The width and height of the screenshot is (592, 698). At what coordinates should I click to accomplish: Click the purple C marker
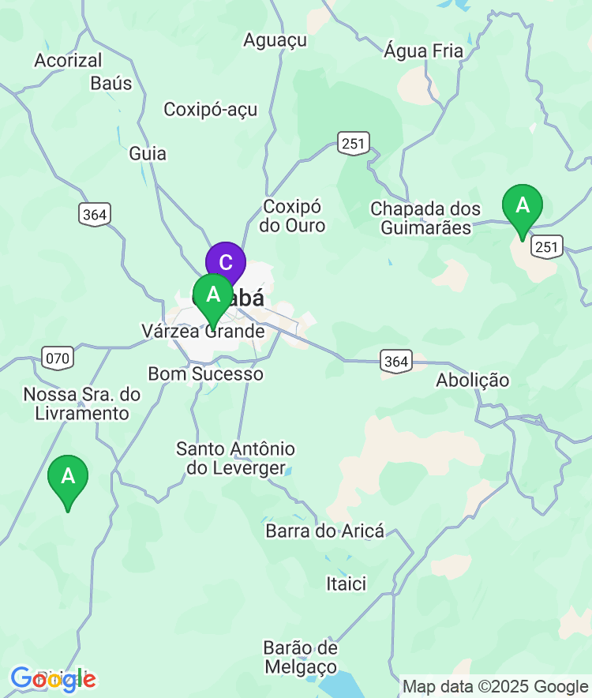(226, 263)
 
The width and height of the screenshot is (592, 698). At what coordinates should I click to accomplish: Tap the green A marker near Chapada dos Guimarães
(523, 206)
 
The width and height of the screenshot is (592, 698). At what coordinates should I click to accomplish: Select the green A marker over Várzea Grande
(213, 295)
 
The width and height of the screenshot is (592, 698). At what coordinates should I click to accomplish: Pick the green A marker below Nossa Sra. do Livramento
(68, 477)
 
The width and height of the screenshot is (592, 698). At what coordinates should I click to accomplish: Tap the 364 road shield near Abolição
(395, 362)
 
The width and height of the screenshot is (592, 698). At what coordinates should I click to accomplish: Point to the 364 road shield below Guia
(95, 214)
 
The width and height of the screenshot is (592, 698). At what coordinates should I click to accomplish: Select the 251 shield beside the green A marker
(547, 248)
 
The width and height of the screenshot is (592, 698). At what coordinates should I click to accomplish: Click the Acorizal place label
(69, 60)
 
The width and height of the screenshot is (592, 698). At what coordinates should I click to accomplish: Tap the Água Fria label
(424, 51)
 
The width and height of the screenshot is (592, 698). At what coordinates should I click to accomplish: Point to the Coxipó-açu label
(211, 110)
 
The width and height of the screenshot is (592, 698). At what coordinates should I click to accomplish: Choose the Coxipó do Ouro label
(293, 216)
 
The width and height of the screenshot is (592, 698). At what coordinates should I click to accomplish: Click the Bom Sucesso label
(206, 373)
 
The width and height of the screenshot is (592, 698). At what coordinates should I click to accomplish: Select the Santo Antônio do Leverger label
(235, 459)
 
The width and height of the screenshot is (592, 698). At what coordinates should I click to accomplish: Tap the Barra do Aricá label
(325, 531)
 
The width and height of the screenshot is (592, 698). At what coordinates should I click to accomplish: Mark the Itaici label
(347, 584)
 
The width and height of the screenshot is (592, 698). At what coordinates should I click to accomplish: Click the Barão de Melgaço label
(301, 657)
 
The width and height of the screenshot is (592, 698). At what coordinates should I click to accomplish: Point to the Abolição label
(473, 381)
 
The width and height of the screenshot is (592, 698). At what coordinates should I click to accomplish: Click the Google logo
(53, 678)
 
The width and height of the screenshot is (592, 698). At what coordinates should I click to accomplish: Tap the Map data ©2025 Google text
(496, 687)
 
